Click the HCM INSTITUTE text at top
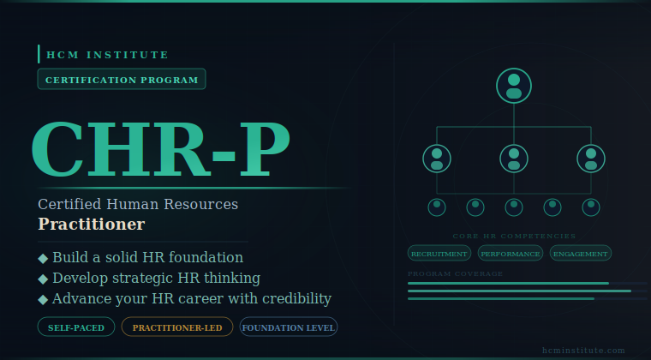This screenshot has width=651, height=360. (x=107, y=55)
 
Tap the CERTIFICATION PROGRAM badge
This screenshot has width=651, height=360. (x=122, y=80)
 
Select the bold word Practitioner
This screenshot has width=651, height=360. (x=91, y=225)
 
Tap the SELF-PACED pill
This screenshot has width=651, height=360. (x=76, y=327)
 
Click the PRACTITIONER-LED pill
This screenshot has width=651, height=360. (x=177, y=327)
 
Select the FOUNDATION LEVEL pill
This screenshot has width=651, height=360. (x=289, y=327)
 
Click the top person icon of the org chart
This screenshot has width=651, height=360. (x=514, y=86)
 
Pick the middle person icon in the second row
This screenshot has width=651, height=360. (x=514, y=159)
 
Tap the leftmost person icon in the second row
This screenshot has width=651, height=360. (x=437, y=159)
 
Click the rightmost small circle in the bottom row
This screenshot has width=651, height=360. (x=591, y=207)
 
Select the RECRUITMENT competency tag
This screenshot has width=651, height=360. (x=439, y=254)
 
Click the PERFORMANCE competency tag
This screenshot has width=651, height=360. (x=511, y=254)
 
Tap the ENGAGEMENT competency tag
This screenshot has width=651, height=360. (x=581, y=254)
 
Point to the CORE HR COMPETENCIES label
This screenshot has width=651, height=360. (x=514, y=236)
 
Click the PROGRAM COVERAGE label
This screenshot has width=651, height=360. (x=456, y=273)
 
